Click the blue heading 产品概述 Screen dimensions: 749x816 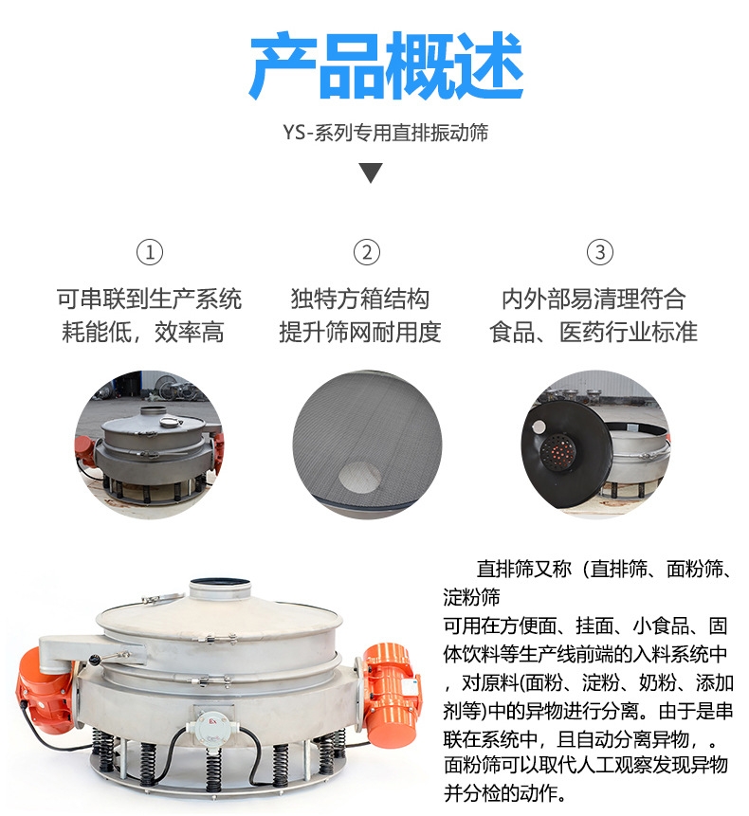(x=386, y=65)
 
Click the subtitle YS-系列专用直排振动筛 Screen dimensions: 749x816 (x=386, y=133)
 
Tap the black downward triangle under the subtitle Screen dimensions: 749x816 (x=371, y=172)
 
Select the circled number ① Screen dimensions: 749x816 (x=150, y=252)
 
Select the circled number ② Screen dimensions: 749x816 (x=367, y=252)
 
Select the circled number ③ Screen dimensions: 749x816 (x=599, y=252)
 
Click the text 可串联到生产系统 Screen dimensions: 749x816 (x=150, y=299)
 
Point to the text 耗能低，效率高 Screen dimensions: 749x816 (x=143, y=332)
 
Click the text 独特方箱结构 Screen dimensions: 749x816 (x=359, y=299)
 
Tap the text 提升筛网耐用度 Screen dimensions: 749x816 (x=360, y=332)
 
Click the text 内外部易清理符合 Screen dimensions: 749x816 (x=594, y=299)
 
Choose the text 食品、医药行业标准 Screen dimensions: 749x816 (x=594, y=332)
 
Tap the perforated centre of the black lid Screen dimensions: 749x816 (x=557, y=449)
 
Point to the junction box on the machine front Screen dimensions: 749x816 (x=211, y=726)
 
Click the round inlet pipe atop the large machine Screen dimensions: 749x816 (x=221, y=589)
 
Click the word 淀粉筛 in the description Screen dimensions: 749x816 (x=471, y=597)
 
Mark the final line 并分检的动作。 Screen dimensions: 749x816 (x=505, y=793)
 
